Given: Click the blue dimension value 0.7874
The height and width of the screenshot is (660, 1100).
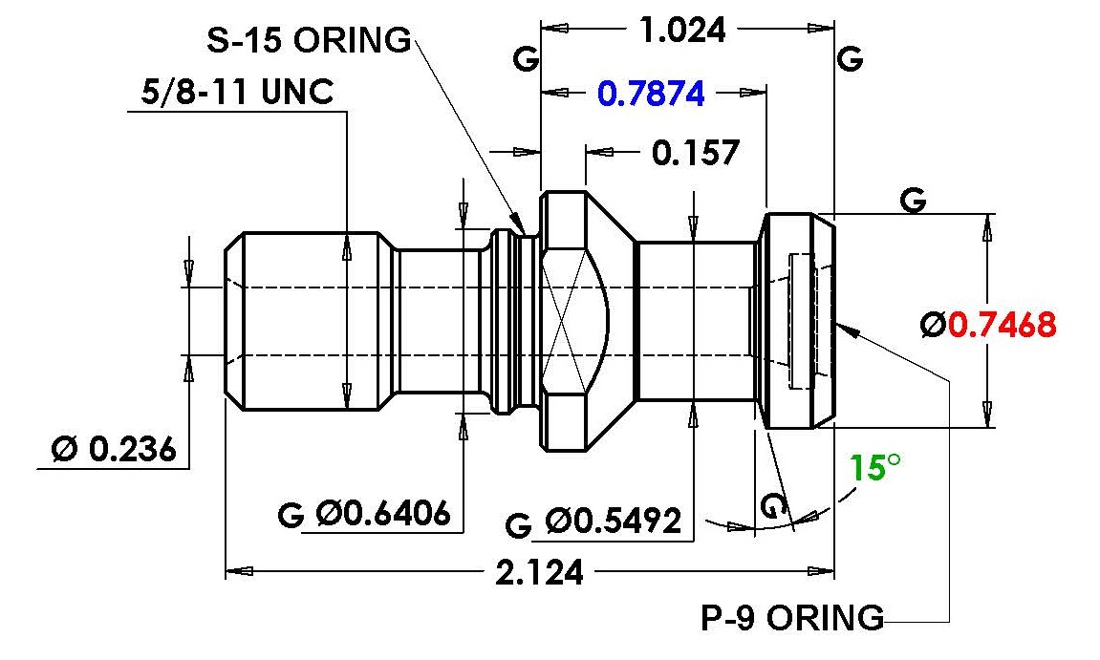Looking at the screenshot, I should pos(651,94).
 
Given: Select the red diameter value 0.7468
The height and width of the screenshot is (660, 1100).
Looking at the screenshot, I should pos(1002,325).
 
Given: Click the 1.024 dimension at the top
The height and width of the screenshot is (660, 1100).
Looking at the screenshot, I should pos(681,31).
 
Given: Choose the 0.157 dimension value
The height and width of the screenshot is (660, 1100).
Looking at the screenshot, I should pos(696,152).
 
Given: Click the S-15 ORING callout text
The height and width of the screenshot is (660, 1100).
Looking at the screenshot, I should pos(309,40).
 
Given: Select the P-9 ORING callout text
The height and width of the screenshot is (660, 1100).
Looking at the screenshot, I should pos(792,618).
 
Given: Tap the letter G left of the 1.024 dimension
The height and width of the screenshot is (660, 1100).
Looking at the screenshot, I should pos(525,60).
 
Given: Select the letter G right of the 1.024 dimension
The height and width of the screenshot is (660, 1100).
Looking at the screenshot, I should pos(849,60).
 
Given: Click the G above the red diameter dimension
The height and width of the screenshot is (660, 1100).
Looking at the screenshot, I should pos(914,201).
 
